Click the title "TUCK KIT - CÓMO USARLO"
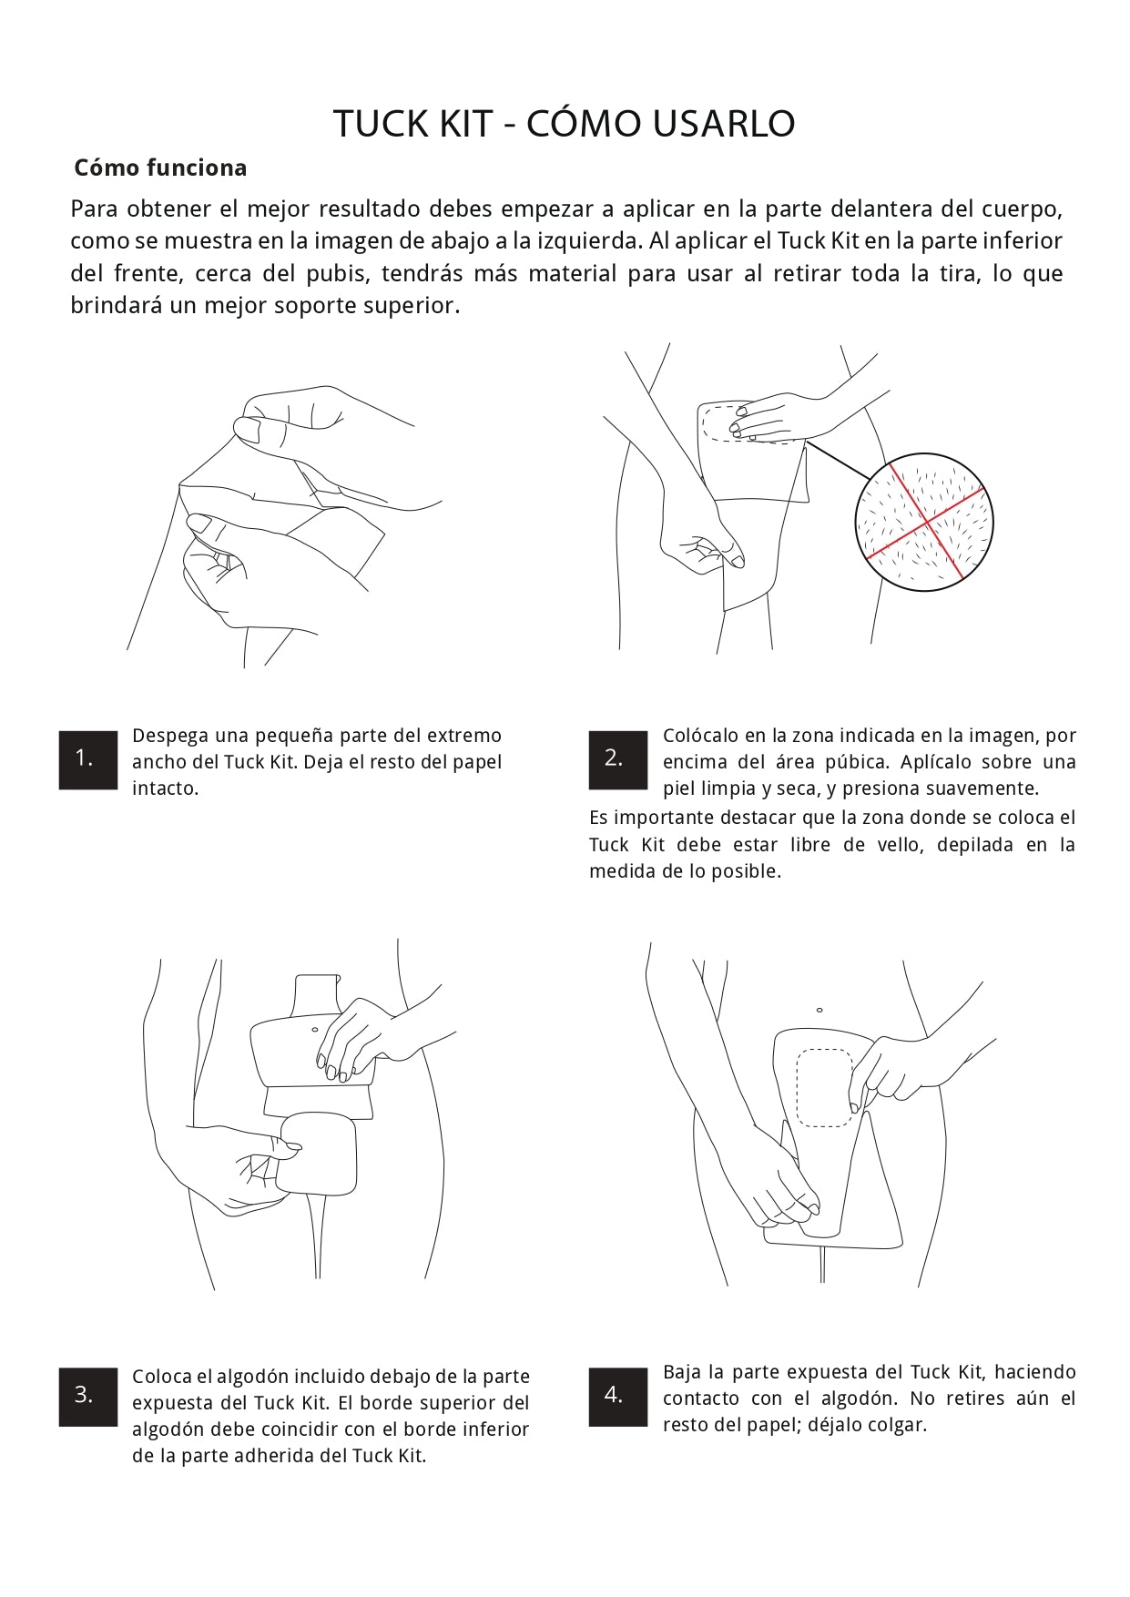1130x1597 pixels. pyautogui.click(x=564, y=124)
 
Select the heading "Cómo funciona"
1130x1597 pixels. pyautogui.click(x=160, y=168)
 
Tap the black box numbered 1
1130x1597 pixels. pyautogui.click(x=88, y=759)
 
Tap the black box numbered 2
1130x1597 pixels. pyautogui.click(x=618, y=759)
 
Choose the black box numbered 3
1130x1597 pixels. pyautogui.click(x=88, y=1396)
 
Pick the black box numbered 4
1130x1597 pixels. pyautogui.click(x=618, y=1396)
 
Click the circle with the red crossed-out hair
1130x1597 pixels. pyautogui.click(x=924, y=522)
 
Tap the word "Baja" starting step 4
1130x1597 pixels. pyautogui.click(x=682, y=1372)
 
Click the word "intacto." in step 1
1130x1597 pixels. pyautogui.click(x=165, y=788)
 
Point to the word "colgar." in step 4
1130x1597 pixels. pyautogui.click(x=897, y=1425)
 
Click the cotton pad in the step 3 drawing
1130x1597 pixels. pyautogui.click(x=317, y=1154)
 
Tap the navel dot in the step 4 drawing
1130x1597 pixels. pyautogui.click(x=820, y=1010)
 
